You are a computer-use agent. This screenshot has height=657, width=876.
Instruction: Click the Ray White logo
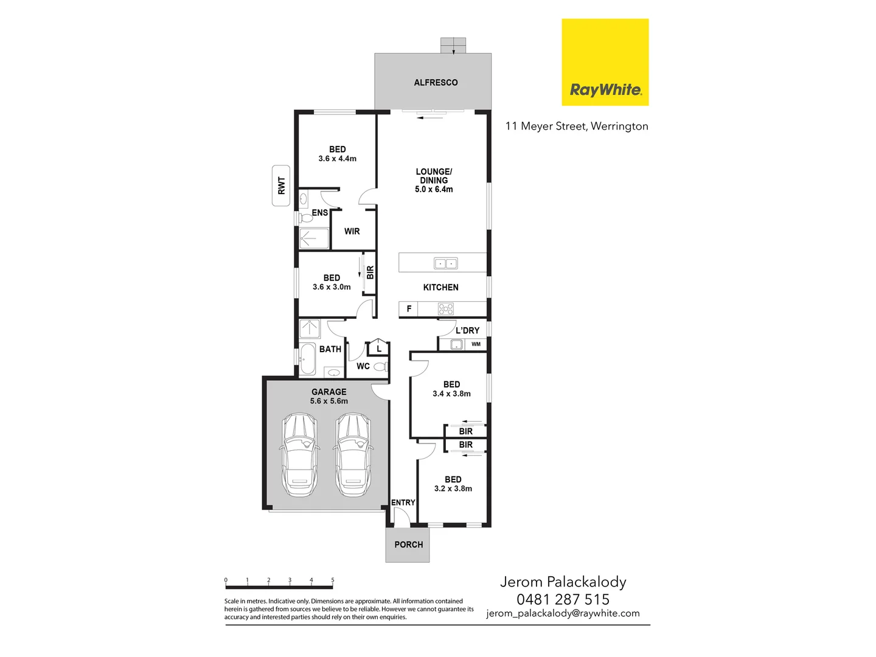pos(605,62)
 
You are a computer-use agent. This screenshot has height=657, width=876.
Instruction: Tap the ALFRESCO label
pos(436,83)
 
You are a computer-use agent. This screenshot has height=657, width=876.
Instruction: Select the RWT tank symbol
pos(281,186)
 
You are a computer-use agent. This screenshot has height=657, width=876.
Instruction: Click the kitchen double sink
pos(445,263)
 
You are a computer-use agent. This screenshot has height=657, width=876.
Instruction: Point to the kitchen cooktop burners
pos(445,309)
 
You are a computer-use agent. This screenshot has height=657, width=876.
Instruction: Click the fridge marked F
pos(409,309)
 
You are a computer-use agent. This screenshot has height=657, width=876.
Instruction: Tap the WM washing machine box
pos(476,344)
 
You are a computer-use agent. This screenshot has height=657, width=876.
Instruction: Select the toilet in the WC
pos(381,366)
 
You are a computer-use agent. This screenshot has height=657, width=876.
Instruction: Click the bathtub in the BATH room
pos(307,360)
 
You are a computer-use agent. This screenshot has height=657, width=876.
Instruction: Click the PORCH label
pos(408,544)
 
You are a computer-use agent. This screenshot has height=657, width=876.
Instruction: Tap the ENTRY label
pos(403,502)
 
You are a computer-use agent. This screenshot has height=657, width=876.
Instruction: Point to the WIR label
pos(352,231)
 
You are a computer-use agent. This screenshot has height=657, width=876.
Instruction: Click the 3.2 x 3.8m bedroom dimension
pos(453,488)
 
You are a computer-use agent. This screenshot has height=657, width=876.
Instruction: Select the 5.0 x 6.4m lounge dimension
pos(434,189)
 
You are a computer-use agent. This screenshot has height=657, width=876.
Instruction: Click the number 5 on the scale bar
pos(333,580)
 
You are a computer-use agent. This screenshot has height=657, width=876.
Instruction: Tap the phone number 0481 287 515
pos(563,599)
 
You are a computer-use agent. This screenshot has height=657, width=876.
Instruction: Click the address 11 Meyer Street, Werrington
pos(577,126)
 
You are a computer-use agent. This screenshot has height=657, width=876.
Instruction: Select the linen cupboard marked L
pos(379,349)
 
